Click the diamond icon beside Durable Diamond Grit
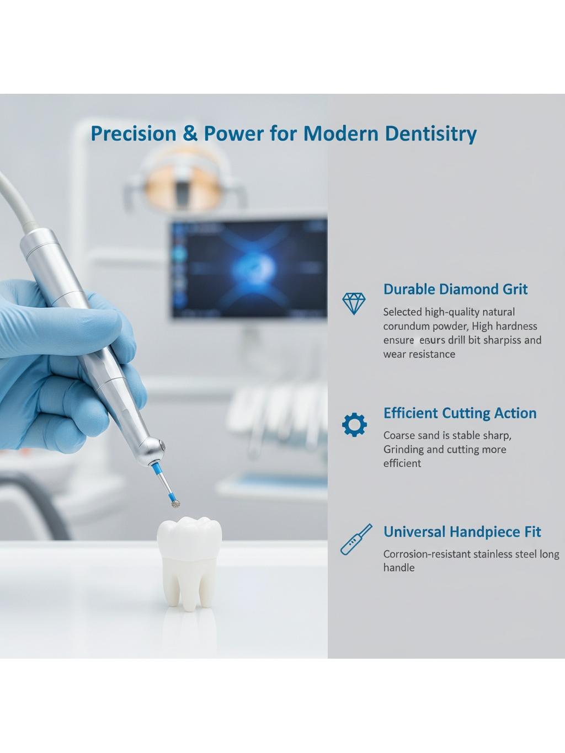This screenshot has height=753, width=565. click(x=354, y=303)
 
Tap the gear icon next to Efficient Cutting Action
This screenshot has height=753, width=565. click(x=354, y=425)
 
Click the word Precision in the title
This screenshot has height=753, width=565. click(x=134, y=133)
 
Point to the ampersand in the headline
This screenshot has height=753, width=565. click(x=190, y=133)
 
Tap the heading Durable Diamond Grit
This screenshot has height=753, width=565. click(x=455, y=289)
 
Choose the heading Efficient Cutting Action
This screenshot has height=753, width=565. click(x=460, y=413)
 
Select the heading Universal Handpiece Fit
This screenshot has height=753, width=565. click(x=462, y=532)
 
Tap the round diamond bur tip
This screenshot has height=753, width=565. click(x=176, y=504)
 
